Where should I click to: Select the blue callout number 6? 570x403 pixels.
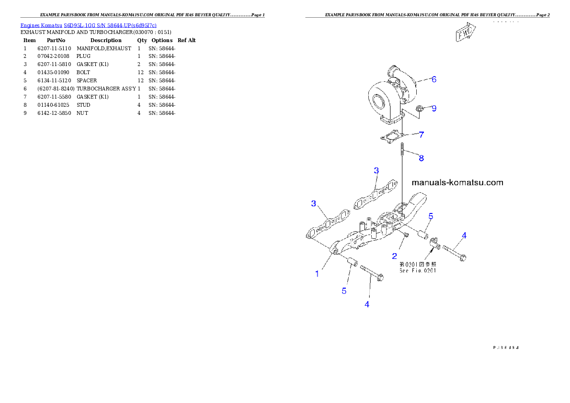[434, 79]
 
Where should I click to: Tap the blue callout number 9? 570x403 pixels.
[434, 109]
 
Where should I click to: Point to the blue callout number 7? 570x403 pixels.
[421, 135]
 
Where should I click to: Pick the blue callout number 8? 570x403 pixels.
[421, 158]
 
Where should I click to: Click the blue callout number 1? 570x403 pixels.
[317, 274]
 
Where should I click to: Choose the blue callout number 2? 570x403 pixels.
[395, 256]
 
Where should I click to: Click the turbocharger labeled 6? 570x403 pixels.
[393, 89]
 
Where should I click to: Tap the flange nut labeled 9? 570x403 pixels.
[420, 109]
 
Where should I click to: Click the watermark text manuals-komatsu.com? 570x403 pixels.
[457, 182]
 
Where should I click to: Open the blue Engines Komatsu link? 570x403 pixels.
[88, 25]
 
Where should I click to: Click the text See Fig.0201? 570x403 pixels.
[418, 270]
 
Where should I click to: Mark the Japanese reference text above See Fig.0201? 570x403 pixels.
[418, 264]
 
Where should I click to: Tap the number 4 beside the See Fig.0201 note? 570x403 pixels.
[464, 235]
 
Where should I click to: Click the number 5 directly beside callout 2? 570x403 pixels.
[431, 216]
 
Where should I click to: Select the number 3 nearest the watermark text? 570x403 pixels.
[376, 171]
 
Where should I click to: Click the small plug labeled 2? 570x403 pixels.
[405, 235]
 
